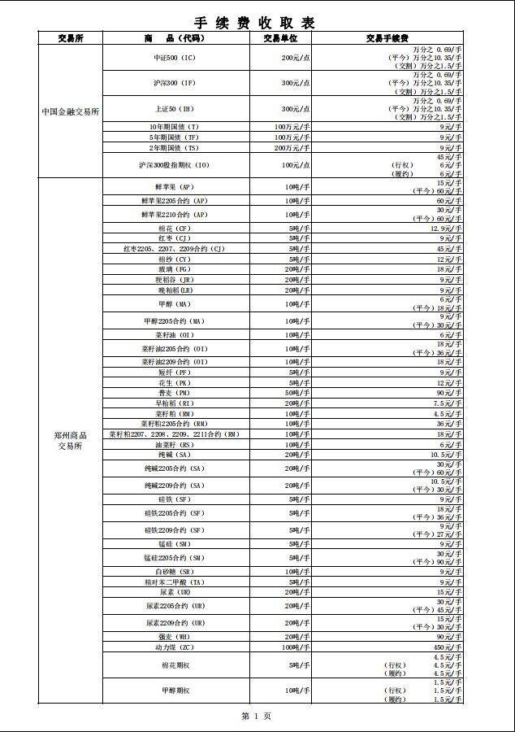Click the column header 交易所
tap(70, 38)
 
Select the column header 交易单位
tap(280, 38)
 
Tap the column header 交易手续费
tap(387, 38)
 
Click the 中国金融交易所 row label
tap(71, 111)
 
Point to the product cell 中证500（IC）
tap(175, 58)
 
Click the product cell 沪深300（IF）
tap(175, 83)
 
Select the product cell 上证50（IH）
tap(175, 109)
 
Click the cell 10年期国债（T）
tap(175, 127)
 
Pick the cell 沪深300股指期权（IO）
tap(175, 165)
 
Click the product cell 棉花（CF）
tap(175, 229)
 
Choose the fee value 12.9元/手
tap(446, 229)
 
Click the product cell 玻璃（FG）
tap(175, 269)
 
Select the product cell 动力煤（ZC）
tap(175, 647)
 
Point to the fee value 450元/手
tap(448, 647)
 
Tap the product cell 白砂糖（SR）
tap(175, 572)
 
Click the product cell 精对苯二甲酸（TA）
tap(175, 582)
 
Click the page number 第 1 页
tap(257, 716)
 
